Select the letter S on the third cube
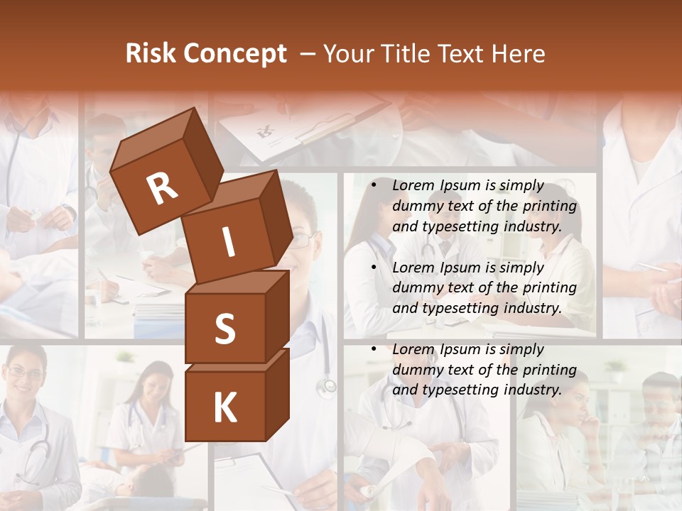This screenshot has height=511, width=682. click(x=224, y=329)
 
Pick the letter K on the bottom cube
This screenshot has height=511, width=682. click(x=224, y=407)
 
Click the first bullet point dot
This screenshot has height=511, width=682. click(x=374, y=185)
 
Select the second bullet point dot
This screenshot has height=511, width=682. click(x=374, y=268)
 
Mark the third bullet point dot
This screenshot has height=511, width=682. click(x=374, y=349)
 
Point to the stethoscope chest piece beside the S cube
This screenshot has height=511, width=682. click(x=327, y=386)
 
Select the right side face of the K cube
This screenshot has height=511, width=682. click(x=277, y=394)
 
